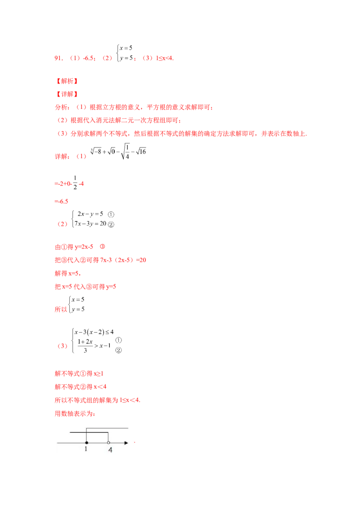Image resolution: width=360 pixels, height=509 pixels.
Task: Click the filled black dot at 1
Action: (86, 443)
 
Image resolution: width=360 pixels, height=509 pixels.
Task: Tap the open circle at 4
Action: (108, 443)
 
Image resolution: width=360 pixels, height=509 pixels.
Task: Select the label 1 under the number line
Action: (86, 449)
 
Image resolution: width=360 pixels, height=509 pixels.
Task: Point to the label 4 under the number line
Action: (110, 450)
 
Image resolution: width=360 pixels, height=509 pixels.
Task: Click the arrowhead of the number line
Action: (126, 443)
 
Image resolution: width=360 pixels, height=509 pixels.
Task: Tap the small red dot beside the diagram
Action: (135, 442)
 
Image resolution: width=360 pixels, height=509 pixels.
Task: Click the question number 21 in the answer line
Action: (57, 58)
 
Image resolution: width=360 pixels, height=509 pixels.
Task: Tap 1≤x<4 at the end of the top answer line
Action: (164, 58)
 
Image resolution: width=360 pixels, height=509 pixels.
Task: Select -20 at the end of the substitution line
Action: (143, 260)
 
